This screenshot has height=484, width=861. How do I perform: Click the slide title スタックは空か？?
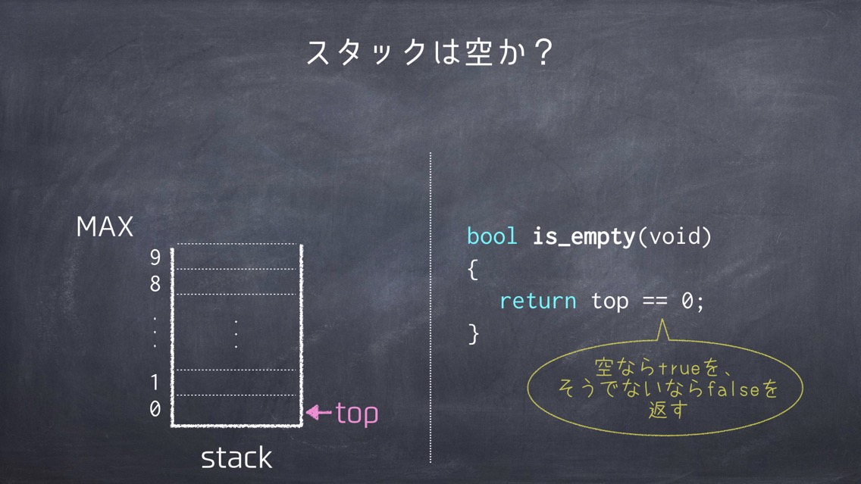click(x=430, y=53)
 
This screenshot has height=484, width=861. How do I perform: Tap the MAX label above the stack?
click(x=105, y=226)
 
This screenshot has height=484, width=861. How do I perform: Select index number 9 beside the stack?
click(x=155, y=257)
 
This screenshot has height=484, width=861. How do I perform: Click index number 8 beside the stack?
click(x=155, y=284)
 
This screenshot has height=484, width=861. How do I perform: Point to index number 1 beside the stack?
click(x=155, y=382)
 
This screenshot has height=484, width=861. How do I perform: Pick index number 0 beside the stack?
click(x=155, y=409)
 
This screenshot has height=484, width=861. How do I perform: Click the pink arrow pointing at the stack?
click(x=318, y=412)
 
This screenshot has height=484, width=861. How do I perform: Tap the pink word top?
click(x=357, y=414)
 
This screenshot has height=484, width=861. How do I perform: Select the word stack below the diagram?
click(x=236, y=457)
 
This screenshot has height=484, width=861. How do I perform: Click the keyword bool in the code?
click(x=492, y=236)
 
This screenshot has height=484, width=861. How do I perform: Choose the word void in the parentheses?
click(x=675, y=236)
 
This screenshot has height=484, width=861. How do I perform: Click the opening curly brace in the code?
click(x=473, y=270)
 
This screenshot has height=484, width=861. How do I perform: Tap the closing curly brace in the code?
click(x=473, y=333)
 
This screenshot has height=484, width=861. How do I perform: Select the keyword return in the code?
click(x=537, y=301)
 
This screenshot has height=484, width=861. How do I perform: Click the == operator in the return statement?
click(x=655, y=301)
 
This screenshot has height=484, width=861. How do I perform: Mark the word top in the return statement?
click(x=609, y=302)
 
